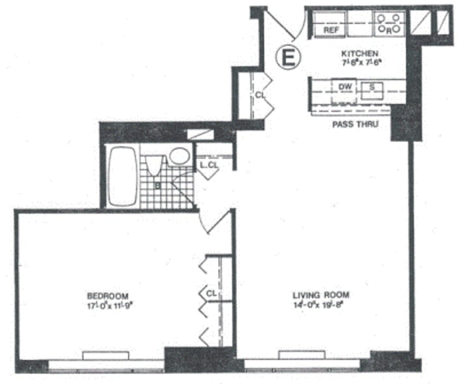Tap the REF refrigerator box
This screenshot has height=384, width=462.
[330, 29]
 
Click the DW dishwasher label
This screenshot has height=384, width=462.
[345, 87]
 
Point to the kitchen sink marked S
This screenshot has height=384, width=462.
[372, 88]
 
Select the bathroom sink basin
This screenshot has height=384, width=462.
[180, 156]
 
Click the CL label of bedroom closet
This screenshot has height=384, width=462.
[211, 294]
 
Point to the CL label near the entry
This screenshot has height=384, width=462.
[260, 94]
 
